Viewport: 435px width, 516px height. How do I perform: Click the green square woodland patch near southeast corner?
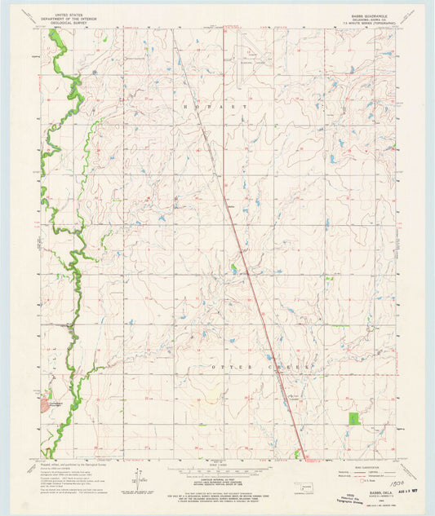click(353, 418)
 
